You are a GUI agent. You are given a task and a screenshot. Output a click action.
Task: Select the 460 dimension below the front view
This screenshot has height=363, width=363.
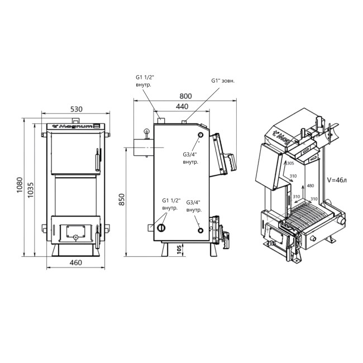pyautogui.click(x=76, y=262)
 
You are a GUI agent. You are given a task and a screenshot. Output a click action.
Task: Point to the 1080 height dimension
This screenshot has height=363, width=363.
pyautogui.click(x=18, y=185)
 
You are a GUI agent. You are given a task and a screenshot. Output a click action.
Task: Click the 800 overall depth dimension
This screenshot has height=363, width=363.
pyautogui.click(x=185, y=95)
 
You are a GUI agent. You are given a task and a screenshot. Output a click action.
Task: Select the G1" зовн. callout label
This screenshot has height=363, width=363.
pyautogui.click(x=223, y=80)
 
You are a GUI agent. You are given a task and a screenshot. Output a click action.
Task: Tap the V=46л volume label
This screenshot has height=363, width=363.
pyautogui.click(x=336, y=179)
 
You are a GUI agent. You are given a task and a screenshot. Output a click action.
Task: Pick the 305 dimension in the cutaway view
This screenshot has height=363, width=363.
pyautogui.click(x=289, y=164)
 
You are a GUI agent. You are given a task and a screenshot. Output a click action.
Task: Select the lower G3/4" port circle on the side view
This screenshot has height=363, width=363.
pyautogui.click(x=200, y=228)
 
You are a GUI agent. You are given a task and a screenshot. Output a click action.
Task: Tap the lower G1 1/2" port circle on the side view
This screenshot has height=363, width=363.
pyautogui.click(x=161, y=228)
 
